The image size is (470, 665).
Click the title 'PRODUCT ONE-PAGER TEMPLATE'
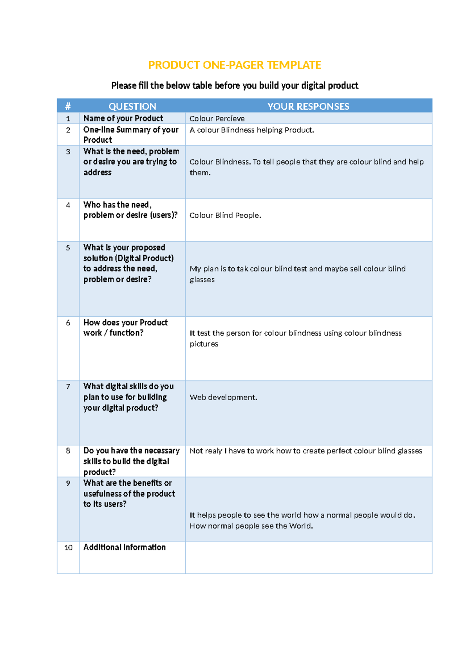(235, 65)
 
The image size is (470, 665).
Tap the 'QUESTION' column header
(132, 106)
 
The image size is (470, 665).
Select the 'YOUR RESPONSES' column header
(308, 106)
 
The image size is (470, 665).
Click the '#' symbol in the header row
(68, 106)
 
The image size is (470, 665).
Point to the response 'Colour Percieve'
(217, 118)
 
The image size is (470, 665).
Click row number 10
(69, 547)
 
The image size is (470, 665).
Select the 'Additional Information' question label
(125, 547)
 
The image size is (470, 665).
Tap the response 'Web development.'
(223, 397)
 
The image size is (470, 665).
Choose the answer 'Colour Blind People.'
(225, 215)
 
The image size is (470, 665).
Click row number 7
(68, 387)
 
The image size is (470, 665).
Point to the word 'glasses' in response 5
(202, 280)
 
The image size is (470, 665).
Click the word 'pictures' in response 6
(204, 344)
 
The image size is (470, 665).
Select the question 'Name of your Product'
(123, 118)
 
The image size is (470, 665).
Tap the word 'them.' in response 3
(200, 173)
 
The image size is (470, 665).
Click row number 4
(68, 205)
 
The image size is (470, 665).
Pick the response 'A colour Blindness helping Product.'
(252, 130)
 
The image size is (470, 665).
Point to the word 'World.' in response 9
(301, 526)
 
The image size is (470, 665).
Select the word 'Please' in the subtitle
(124, 85)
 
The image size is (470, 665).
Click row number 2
(68, 130)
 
